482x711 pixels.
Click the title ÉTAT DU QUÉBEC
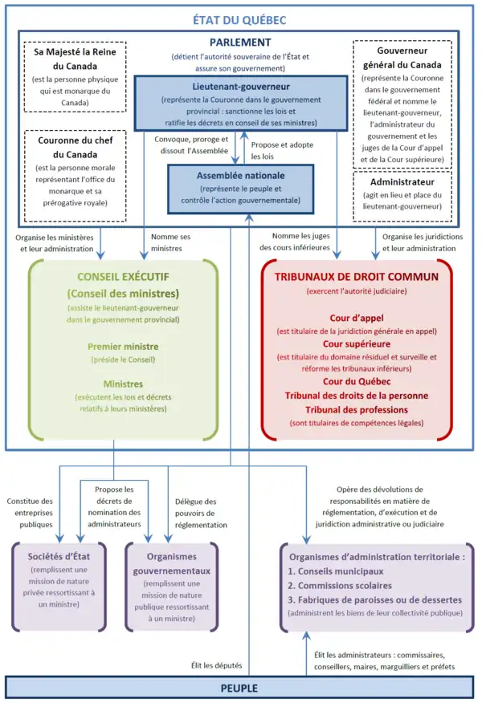coord(240,19)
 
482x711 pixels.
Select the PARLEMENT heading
coord(240,42)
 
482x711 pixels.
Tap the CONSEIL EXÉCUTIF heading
coord(123,277)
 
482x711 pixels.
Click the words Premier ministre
coord(123,347)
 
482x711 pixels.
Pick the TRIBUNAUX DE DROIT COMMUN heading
coord(357,277)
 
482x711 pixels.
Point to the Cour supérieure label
coord(357,343)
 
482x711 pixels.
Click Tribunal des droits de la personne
coord(357,395)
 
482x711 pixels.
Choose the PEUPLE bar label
coord(240,689)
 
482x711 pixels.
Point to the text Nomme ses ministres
coord(170,242)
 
